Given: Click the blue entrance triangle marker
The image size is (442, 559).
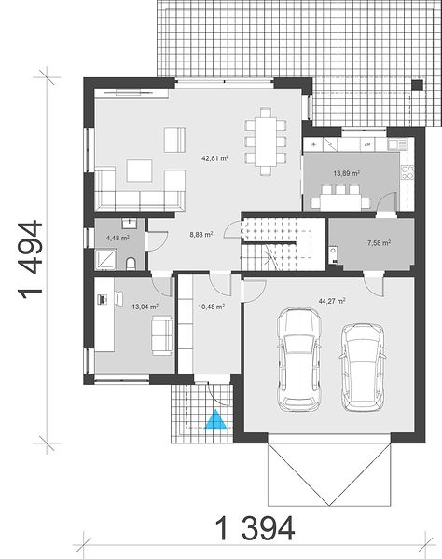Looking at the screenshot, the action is click(x=215, y=420).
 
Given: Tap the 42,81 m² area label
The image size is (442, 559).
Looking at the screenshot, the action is click(x=215, y=158).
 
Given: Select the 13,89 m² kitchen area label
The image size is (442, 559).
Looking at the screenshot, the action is click(x=346, y=173).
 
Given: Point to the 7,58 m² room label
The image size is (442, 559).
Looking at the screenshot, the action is click(x=379, y=243).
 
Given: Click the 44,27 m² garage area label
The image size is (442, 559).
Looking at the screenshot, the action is click(x=332, y=301).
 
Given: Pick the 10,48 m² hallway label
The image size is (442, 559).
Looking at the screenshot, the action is click(x=211, y=307).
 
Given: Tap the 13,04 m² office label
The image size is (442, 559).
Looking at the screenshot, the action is click(x=145, y=307).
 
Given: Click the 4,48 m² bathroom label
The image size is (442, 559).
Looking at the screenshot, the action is click(x=117, y=238).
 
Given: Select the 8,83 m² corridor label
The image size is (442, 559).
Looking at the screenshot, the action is click(x=201, y=235).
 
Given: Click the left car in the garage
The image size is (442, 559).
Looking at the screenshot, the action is click(x=299, y=360).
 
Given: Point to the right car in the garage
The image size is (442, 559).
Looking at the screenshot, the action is click(x=363, y=367).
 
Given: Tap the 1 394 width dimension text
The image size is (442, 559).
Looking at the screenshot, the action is click(x=256, y=528).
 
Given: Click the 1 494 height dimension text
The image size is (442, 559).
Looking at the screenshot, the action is click(x=30, y=259).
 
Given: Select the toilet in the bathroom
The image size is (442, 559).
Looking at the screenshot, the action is click(x=131, y=264).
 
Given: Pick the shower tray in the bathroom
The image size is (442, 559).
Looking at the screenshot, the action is click(x=105, y=258).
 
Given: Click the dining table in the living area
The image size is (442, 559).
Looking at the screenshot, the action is click(x=266, y=143).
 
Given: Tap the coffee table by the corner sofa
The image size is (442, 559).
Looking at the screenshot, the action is click(x=140, y=170).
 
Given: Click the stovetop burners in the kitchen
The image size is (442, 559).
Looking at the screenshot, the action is click(x=407, y=171).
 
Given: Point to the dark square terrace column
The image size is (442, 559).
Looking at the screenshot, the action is click(x=417, y=85).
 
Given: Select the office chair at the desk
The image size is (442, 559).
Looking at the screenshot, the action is click(x=118, y=299).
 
